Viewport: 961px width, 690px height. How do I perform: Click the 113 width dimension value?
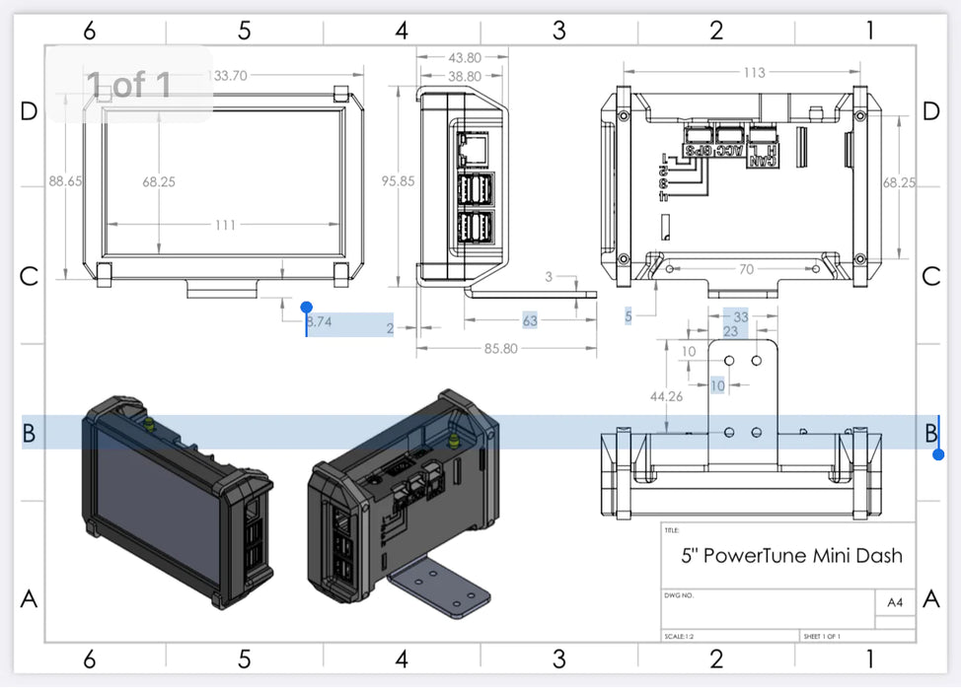pos(754,72)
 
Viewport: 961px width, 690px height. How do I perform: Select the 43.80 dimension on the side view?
pos(464,58)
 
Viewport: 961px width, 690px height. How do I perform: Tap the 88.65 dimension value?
pos(65,181)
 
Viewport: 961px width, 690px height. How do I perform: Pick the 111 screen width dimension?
pos(225,226)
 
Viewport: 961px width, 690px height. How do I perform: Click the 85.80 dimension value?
pos(501,348)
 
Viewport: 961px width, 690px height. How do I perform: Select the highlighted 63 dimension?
pos(530,320)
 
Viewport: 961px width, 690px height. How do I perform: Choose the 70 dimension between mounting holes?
pos(745,268)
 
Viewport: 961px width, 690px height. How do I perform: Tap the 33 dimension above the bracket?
pos(741,317)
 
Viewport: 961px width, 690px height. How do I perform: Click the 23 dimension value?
pos(731,332)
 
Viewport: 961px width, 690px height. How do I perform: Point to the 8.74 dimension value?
pos(320,321)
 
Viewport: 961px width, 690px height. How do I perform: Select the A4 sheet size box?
pos(895,602)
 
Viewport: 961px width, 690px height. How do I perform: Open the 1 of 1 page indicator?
pos(128,85)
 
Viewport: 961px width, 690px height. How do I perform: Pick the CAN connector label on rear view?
pos(761,156)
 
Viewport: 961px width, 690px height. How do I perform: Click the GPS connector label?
pos(699,151)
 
